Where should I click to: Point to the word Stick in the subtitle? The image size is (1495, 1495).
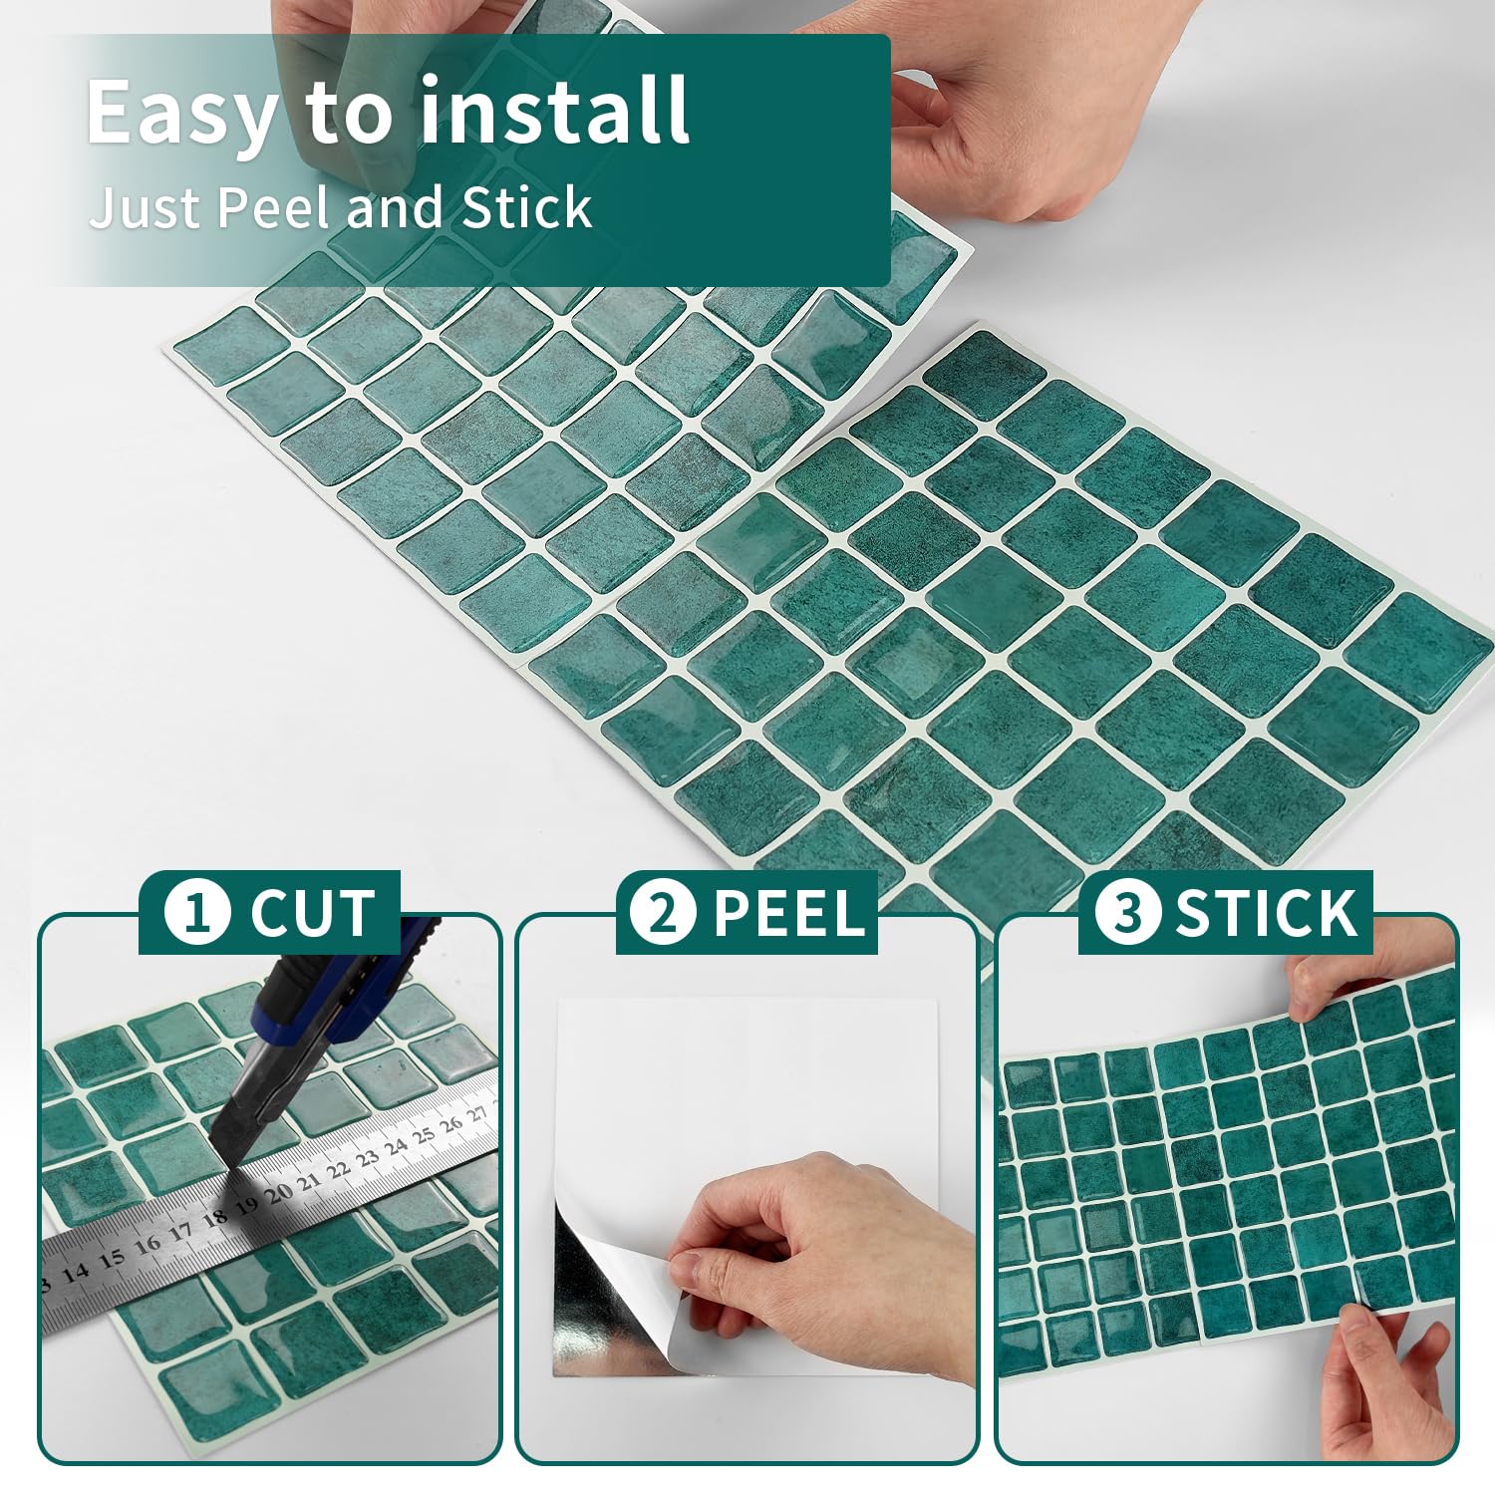tap(527, 207)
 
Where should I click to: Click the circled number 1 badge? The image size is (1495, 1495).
tap(197, 912)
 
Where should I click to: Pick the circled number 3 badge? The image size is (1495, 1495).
tap(1127, 912)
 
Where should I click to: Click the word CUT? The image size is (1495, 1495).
tap(312, 913)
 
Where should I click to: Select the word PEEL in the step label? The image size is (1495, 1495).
tap(787, 913)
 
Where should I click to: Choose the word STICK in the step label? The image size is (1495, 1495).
tap(1266, 913)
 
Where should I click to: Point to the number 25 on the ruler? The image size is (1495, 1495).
tap(425, 1135)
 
